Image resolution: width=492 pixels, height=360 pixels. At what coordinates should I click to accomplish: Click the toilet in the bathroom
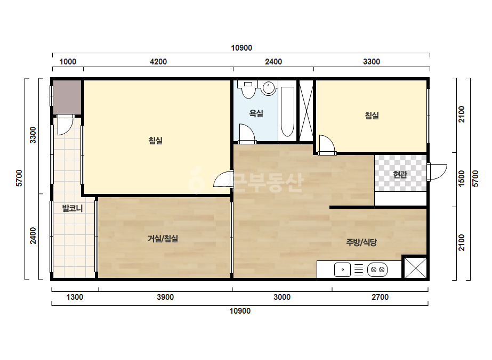point(248,89)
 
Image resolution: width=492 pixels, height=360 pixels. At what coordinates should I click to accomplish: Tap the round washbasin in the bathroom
point(269,87)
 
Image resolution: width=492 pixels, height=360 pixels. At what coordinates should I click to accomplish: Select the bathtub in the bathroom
point(287,112)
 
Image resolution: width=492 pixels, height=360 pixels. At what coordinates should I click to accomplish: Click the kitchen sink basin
point(342,269)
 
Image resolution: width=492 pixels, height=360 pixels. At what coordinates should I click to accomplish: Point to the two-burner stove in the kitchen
point(377,269)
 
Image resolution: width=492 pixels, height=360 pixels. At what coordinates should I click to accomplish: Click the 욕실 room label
point(256,113)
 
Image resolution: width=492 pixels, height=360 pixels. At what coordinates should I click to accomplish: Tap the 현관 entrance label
point(400,174)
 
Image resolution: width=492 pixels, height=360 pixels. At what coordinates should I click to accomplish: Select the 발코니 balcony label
point(72,208)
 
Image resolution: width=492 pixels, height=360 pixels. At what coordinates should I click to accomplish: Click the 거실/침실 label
point(163,239)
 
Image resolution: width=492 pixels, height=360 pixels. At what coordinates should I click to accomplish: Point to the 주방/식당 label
point(361,242)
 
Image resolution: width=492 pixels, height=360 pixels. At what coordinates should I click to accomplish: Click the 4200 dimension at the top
point(158,61)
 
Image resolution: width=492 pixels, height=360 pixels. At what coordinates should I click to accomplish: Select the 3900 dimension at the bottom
point(165,297)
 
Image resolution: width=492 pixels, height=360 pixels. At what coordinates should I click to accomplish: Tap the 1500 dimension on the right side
point(461,178)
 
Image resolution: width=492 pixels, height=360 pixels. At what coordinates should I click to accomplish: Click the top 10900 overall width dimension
point(241,48)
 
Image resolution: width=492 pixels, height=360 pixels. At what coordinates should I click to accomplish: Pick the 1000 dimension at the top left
point(68,61)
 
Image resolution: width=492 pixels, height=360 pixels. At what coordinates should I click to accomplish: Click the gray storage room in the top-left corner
point(67,97)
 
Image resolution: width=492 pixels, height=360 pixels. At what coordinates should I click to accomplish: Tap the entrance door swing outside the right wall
point(437,172)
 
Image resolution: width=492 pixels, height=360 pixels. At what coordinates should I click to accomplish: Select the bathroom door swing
point(247,133)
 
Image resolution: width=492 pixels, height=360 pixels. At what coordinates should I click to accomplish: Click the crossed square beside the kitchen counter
point(415,267)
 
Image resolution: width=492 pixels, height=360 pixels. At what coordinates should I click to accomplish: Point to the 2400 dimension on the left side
point(33,235)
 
